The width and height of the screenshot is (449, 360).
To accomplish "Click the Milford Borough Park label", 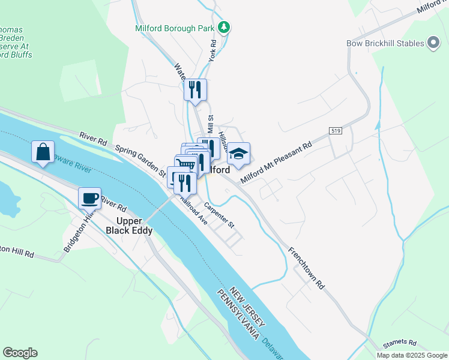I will (x=175, y=28).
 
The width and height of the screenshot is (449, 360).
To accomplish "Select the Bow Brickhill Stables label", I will (x=385, y=43).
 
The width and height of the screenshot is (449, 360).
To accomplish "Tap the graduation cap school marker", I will (x=238, y=154).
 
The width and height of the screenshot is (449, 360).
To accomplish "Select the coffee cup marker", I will (x=90, y=197).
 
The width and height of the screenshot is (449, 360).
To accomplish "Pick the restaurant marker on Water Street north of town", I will (x=195, y=90).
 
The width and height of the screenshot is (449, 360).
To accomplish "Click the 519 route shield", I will (x=336, y=130).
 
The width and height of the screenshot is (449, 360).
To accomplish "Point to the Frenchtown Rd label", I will (x=306, y=268).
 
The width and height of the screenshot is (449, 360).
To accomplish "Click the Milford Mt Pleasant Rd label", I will (x=277, y=163).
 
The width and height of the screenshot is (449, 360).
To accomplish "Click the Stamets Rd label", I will (x=400, y=343).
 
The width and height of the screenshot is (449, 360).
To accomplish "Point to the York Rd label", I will (x=212, y=51).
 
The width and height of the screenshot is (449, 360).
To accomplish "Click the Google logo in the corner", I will (x=20, y=353).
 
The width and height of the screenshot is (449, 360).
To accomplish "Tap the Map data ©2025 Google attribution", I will (x=411, y=355).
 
